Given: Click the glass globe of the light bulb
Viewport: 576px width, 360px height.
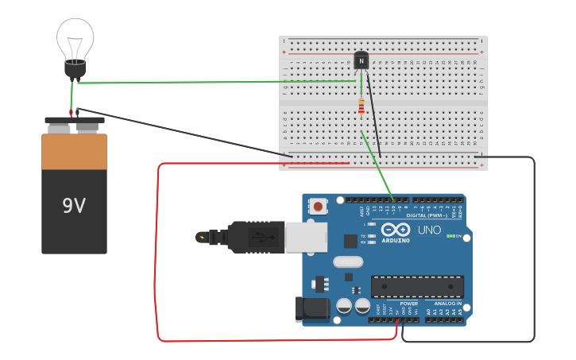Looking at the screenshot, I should [75, 38].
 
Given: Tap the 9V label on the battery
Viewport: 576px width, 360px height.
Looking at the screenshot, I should [74, 206].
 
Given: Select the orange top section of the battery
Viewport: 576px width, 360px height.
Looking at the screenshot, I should [74, 151].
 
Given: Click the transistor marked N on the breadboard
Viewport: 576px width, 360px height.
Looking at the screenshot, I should [361, 60].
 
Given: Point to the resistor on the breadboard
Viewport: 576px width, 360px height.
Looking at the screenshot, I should [361, 106].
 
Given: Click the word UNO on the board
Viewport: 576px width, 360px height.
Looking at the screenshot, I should [429, 230].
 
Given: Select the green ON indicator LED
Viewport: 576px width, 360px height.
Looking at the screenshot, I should [450, 236].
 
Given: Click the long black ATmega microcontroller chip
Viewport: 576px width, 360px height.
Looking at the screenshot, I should [417, 286].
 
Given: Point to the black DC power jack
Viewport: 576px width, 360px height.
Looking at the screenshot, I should [311, 309].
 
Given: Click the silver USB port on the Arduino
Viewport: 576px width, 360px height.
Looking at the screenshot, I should [306, 236].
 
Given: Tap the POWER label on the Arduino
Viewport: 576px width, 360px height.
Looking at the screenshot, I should [408, 304].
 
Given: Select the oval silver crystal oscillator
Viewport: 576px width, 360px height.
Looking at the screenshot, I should [348, 261].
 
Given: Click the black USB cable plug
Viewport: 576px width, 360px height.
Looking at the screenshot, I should [254, 236].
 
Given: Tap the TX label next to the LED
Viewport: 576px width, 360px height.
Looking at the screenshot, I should [363, 236].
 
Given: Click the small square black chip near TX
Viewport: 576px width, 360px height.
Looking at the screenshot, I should [350, 241].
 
